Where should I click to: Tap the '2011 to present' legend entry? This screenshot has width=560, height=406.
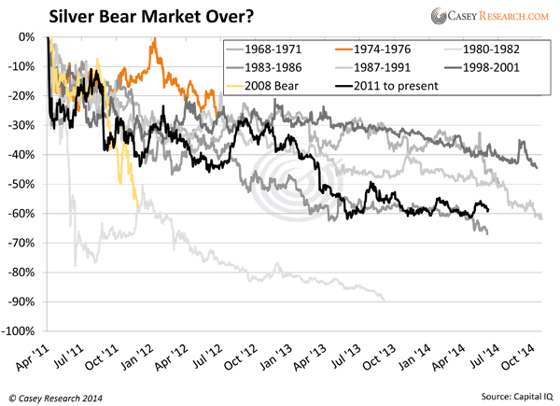coord(377,86)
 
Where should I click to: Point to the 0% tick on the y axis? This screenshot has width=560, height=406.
coord(26,37)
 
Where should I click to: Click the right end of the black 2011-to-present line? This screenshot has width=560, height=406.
coord(488,211)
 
